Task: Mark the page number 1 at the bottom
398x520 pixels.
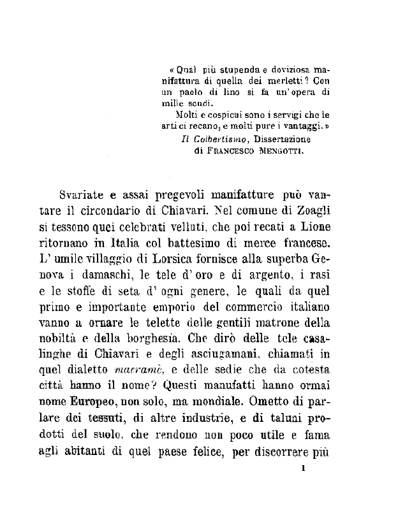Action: click(303, 469)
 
